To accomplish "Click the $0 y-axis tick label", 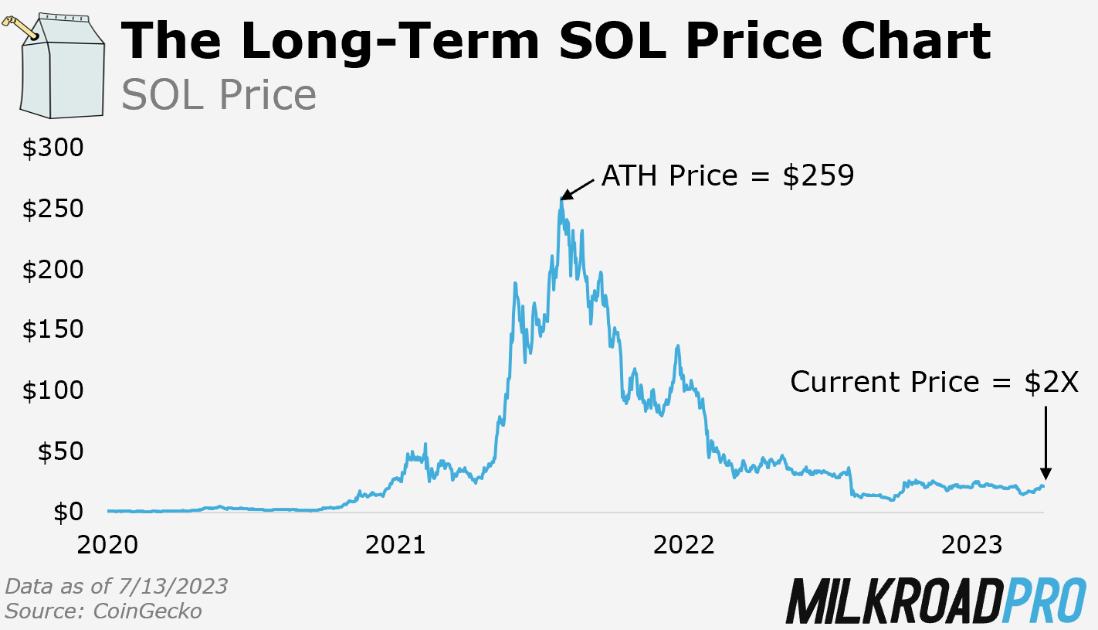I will tap(67, 512).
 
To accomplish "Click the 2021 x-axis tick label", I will tap(395, 544).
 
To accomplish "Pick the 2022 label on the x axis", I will tap(683, 544).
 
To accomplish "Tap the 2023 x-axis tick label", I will tap(971, 544).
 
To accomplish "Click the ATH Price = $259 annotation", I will tap(727, 176).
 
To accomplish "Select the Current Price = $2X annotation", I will tap(934, 382).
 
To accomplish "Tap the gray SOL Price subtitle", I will tap(219, 95).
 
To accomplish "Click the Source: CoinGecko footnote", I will tap(103, 611).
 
